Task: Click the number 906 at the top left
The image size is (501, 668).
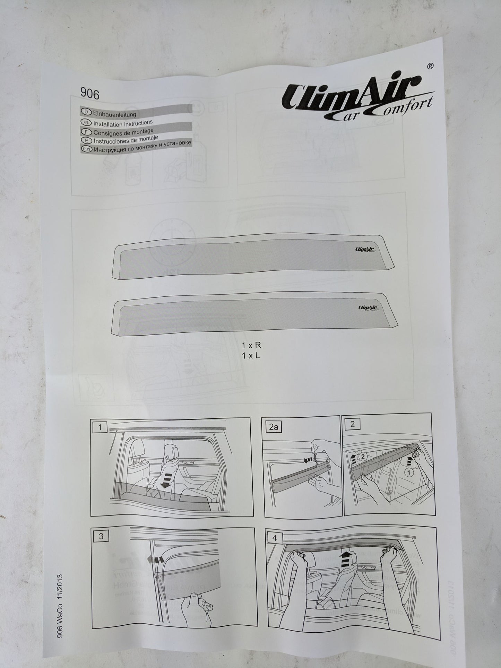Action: (90, 93)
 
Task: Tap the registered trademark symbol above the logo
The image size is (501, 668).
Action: (429, 66)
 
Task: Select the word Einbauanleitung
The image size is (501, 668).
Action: (114, 113)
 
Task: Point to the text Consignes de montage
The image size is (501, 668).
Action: (123, 132)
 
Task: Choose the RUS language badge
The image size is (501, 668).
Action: (86, 149)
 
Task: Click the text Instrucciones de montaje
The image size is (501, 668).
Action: (126, 140)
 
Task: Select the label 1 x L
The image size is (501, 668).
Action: (251, 355)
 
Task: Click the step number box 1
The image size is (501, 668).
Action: (100, 428)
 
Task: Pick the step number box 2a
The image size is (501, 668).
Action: (274, 427)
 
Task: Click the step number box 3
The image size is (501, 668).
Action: (101, 536)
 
